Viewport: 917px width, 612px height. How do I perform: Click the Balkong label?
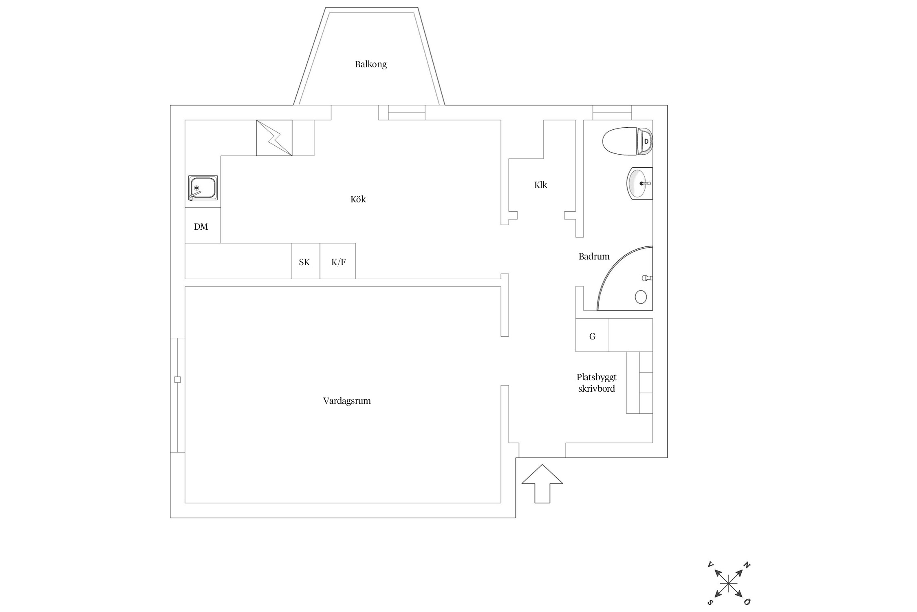pos(370,64)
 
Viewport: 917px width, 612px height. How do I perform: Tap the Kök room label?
pos(358,199)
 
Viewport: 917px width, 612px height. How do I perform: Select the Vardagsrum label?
pos(347,401)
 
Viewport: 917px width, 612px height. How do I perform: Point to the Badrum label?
pos(594,256)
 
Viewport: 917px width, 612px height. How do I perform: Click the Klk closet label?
pos(540,185)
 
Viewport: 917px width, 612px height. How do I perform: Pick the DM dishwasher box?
pos(203,225)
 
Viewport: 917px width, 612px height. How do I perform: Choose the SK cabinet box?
pos(305,261)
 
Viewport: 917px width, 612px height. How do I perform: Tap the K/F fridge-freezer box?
pos(337,261)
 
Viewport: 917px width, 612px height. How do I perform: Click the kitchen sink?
pos(203,188)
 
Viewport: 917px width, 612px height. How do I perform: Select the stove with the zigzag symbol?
pos(274,138)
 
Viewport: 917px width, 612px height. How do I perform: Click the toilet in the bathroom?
pos(627,141)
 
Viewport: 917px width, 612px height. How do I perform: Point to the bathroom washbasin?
pos(639,184)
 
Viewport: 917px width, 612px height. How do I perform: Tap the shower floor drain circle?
pos(641,297)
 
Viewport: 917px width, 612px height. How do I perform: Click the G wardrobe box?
pos(592,335)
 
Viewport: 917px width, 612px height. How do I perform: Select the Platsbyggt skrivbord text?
pos(597,383)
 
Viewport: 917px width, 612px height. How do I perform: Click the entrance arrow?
pos(542,484)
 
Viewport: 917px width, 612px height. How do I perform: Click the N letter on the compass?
pos(747,565)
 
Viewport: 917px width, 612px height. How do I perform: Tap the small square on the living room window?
pos(177,379)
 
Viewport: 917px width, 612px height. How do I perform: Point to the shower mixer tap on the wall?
pos(647,278)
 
